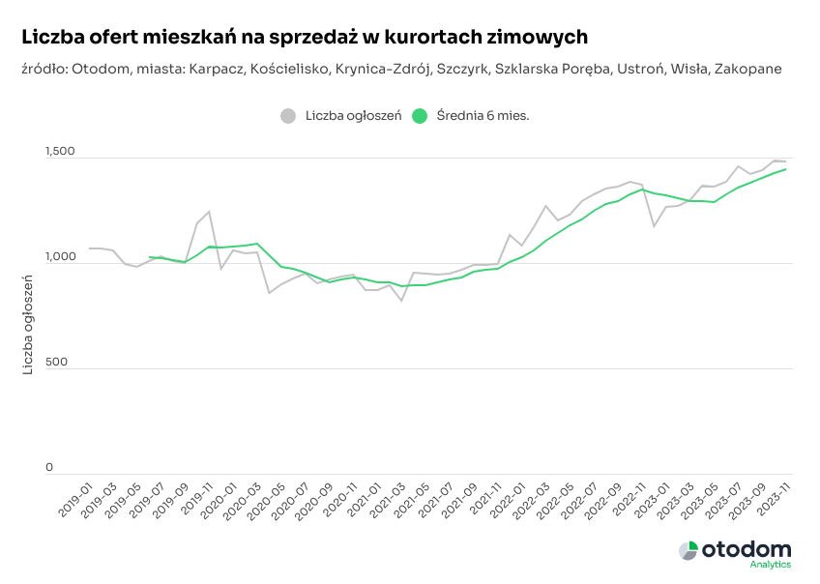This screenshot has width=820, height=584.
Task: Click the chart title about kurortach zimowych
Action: coord(304,37)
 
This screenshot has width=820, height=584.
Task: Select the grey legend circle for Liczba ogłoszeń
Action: coord(288,116)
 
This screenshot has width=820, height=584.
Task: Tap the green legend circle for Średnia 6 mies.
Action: coord(419,116)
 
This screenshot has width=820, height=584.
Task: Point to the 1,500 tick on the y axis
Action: coord(60,152)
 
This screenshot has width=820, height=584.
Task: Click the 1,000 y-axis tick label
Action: coord(60,257)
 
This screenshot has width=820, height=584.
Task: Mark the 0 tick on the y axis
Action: coord(49,468)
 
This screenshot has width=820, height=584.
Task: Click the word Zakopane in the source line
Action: coord(748,69)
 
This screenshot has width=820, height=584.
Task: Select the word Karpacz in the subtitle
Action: coord(216,69)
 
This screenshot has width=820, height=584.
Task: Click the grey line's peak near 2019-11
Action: coord(208,212)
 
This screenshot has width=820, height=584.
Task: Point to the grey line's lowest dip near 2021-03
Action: coord(401,301)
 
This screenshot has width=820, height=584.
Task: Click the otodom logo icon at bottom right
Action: coord(688,551)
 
